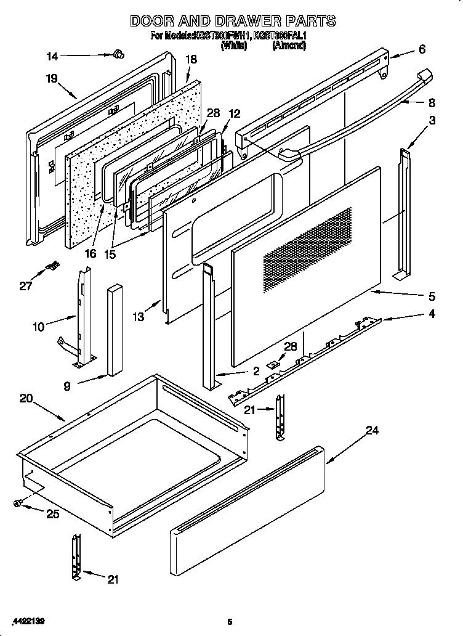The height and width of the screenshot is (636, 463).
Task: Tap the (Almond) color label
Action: pos(289,46)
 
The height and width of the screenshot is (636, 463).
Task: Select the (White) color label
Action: pos(233,46)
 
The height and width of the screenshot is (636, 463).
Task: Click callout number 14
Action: pos(53,57)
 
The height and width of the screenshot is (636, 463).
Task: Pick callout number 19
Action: pos(51,78)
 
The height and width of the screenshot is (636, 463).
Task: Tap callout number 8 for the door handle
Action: pos(432,103)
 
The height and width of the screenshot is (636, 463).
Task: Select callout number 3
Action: pos(432,121)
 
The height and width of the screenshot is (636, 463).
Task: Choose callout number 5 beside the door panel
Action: pos(432,296)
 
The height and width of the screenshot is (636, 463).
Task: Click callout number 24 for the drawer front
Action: pos(371,431)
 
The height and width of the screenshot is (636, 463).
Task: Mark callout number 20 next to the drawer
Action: pos(26,399)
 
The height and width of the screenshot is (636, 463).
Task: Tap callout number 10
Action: pos(38,327)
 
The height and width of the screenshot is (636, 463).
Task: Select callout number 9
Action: pos(66,387)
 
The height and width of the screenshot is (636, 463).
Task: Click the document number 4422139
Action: pos(28,619)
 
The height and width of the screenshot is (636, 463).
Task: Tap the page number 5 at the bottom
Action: pos(229,621)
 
